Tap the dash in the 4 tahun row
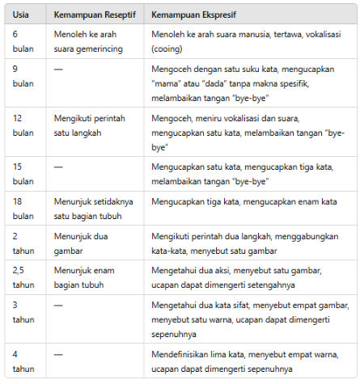(x=59, y=355)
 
